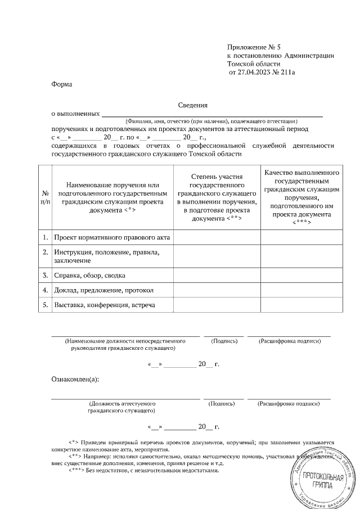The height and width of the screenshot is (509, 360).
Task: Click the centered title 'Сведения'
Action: (193, 105)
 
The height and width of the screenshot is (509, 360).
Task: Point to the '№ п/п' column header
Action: (44, 197)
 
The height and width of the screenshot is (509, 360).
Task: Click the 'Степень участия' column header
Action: (217, 197)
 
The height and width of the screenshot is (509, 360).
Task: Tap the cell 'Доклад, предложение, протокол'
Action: (103, 290)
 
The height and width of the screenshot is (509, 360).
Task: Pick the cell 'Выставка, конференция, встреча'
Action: (104, 305)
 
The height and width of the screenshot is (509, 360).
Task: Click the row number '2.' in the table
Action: (44, 253)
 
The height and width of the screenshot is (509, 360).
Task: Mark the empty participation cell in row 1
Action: (217, 237)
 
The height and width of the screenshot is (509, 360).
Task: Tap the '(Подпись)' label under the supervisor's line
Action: (223, 341)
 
